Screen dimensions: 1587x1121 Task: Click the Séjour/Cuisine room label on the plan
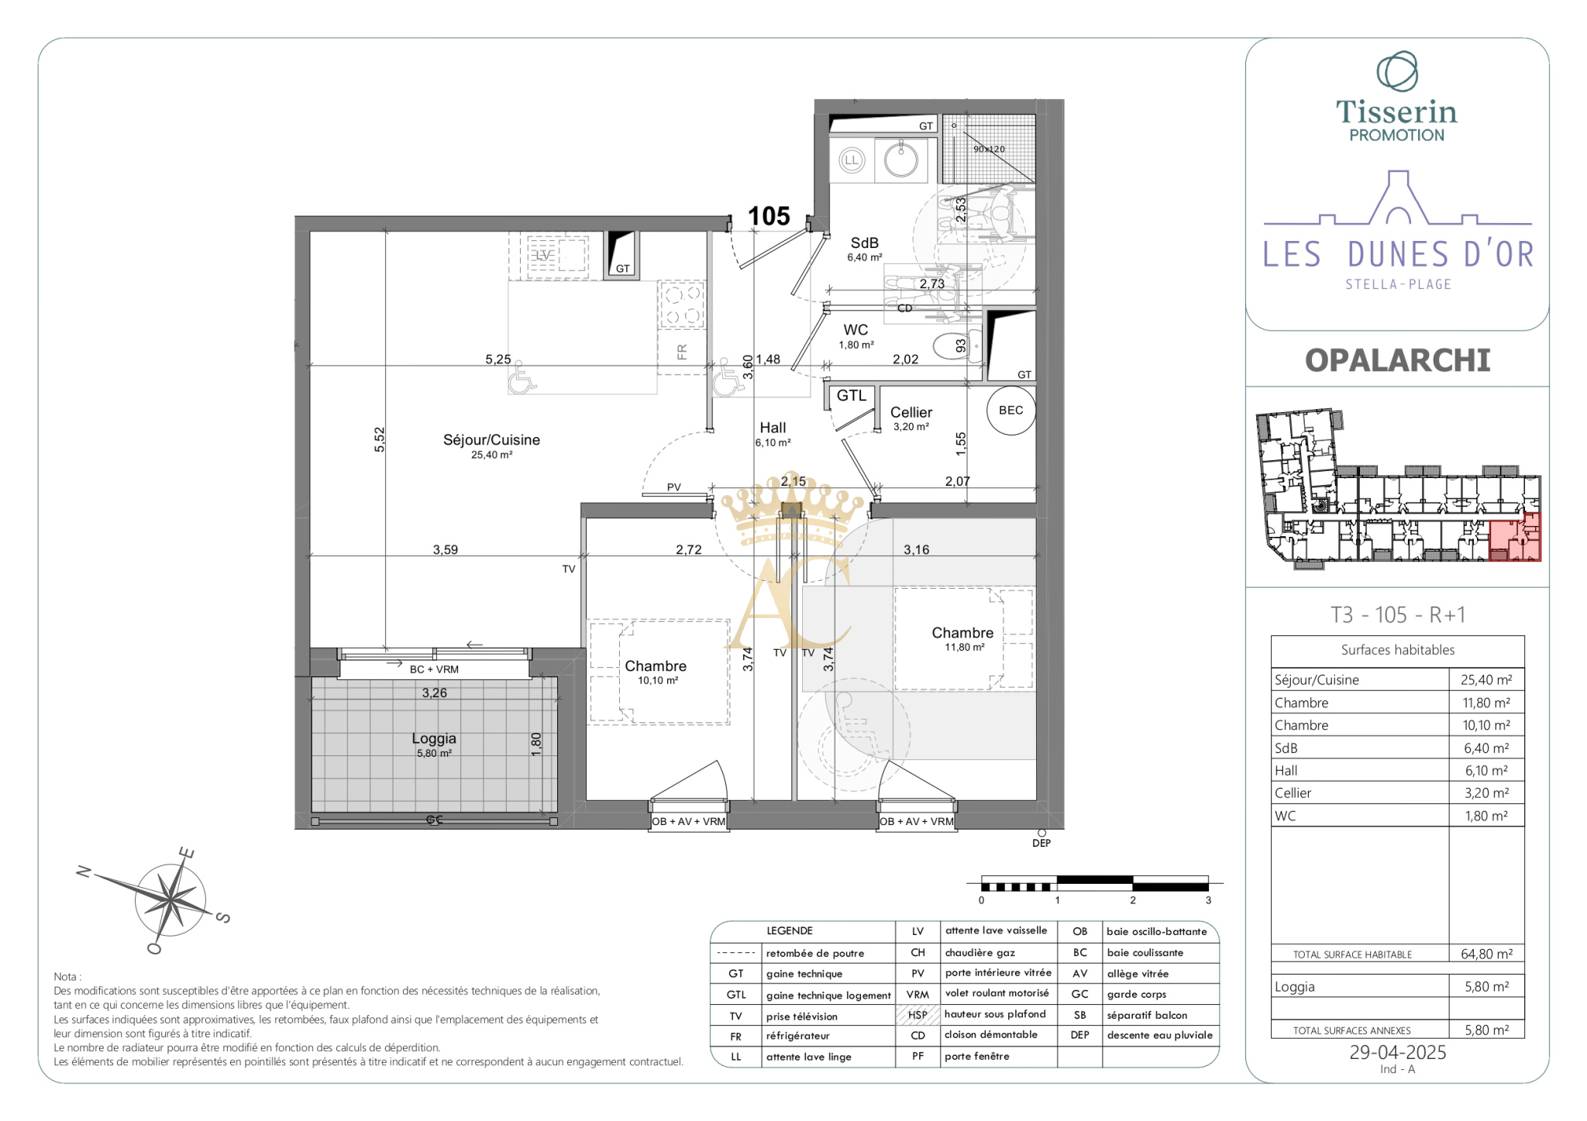coord(491,440)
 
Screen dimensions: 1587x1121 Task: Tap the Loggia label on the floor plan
coord(434,738)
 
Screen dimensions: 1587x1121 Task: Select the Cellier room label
coord(911,412)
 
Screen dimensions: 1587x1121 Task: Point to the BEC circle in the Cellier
coord(1011,411)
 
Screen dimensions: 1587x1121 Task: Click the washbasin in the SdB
coord(901,160)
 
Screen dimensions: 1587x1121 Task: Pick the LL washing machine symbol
coord(852,160)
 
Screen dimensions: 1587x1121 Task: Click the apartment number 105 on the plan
coord(769,216)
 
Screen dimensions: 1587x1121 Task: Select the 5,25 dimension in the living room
coord(498,359)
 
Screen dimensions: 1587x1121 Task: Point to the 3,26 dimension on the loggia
coord(435,693)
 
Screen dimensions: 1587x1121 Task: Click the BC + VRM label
coord(434,669)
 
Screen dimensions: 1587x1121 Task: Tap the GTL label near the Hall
coord(852,396)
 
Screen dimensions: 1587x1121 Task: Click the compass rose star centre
coord(170,900)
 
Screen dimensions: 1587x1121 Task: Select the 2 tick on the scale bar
coord(1133,900)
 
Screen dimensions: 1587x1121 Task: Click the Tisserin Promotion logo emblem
coord(1397,71)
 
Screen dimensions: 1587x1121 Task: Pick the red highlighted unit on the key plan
coord(1515,536)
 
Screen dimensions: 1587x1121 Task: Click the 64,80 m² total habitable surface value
coord(1486,954)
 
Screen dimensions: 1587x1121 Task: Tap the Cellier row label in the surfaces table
coord(1293,793)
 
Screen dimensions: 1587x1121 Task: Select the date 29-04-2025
coord(1398,1052)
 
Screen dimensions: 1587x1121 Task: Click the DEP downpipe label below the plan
coord(1041,843)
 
